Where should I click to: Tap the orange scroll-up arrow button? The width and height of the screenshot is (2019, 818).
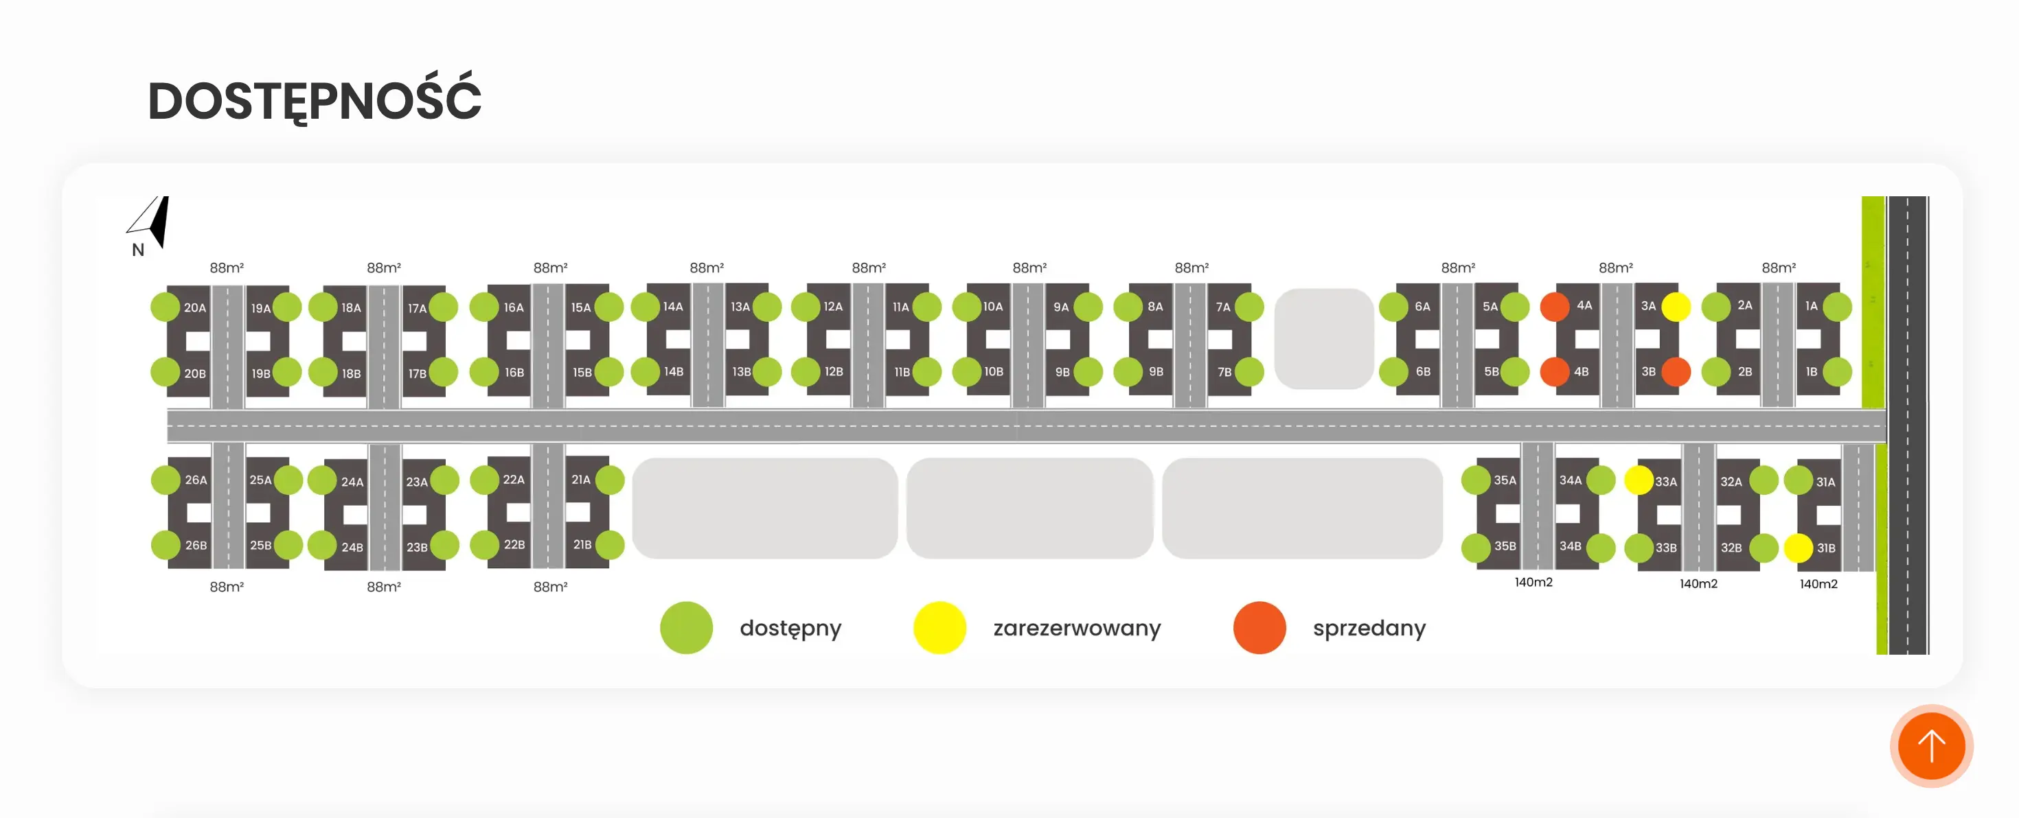click(x=1931, y=746)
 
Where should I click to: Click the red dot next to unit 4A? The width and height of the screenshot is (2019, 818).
click(x=1555, y=306)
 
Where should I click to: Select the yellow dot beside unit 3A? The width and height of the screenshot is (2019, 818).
click(x=1676, y=306)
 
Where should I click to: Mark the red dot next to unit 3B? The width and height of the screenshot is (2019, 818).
click(x=1676, y=371)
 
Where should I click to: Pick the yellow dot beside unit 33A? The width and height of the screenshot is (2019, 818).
click(x=1639, y=480)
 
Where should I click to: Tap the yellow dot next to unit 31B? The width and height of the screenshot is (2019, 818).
click(x=1799, y=548)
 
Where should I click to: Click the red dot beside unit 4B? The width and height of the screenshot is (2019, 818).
click(x=1555, y=371)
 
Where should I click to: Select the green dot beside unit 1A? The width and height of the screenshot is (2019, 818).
click(x=1838, y=306)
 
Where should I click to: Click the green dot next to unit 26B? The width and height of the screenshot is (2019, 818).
click(x=166, y=546)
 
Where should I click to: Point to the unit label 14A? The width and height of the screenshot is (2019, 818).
click(x=673, y=306)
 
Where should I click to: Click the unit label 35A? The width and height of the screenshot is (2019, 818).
click(x=1505, y=480)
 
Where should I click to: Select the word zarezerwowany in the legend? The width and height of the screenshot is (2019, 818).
click(x=1077, y=629)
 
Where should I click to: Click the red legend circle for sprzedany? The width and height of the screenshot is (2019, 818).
click(x=1259, y=628)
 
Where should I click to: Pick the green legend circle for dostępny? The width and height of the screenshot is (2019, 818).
click(x=687, y=628)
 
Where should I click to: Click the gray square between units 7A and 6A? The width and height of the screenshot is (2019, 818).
click(x=1324, y=338)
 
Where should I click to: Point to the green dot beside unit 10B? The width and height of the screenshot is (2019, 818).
click(x=967, y=371)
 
